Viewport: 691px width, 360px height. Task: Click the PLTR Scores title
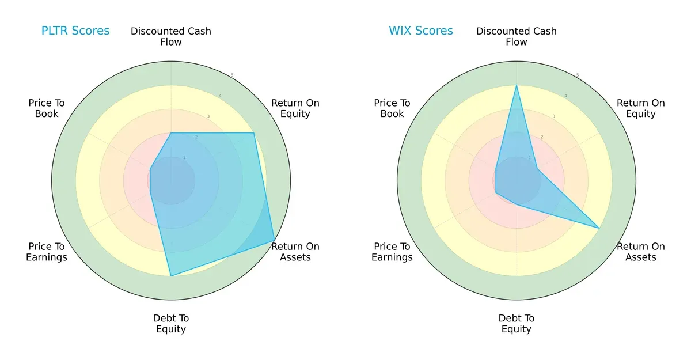point(75,31)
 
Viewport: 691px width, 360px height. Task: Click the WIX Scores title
point(421,31)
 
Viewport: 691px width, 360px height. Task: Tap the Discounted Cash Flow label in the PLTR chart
point(171,36)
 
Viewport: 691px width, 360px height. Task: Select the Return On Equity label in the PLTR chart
point(295,108)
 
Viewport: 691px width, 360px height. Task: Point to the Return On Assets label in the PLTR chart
point(295,252)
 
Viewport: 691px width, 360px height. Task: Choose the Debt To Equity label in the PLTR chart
point(171,324)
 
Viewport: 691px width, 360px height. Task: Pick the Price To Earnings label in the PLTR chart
point(47,252)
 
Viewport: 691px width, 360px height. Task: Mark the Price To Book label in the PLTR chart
point(47,108)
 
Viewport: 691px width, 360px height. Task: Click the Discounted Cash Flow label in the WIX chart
point(517,36)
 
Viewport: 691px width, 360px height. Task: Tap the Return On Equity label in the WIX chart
point(641,108)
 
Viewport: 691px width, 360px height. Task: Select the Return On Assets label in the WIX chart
point(641,252)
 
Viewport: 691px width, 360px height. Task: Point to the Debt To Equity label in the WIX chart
point(517,324)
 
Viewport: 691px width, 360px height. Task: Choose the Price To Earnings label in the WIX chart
point(392,252)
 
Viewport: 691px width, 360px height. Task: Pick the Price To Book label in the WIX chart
point(392,108)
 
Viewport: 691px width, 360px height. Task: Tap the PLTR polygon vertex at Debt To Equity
point(171,276)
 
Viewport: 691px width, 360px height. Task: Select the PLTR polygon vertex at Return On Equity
point(254,133)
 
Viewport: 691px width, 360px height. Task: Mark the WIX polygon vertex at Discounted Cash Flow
point(517,85)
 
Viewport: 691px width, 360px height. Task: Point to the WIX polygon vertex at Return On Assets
point(599,229)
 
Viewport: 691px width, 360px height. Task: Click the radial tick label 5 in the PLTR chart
point(232,75)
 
